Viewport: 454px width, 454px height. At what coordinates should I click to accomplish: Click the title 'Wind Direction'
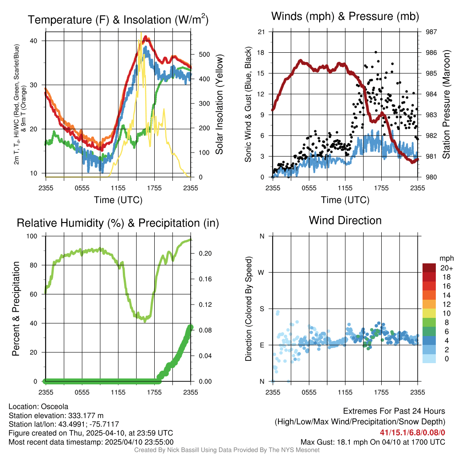[x=345, y=220]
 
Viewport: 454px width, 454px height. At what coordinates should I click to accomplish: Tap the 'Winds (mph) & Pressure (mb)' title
[x=345, y=17]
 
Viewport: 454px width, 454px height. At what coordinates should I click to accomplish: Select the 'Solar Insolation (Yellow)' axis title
[x=219, y=105]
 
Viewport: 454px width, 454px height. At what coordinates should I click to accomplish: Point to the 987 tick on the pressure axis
[x=431, y=32]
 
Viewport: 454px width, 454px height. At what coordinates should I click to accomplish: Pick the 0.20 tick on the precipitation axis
[x=204, y=254]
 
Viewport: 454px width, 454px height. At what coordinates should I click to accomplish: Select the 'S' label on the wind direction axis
[x=262, y=309]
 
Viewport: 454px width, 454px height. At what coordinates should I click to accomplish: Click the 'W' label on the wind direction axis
[x=262, y=273]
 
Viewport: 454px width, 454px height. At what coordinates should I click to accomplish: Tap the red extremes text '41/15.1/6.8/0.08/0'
[x=412, y=432]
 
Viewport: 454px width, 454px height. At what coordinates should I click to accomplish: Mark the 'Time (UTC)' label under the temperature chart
[x=118, y=200]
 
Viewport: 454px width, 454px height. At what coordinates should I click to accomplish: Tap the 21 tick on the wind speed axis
[x=262, y=32]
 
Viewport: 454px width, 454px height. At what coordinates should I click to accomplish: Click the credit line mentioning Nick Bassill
[x=227, y=450]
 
